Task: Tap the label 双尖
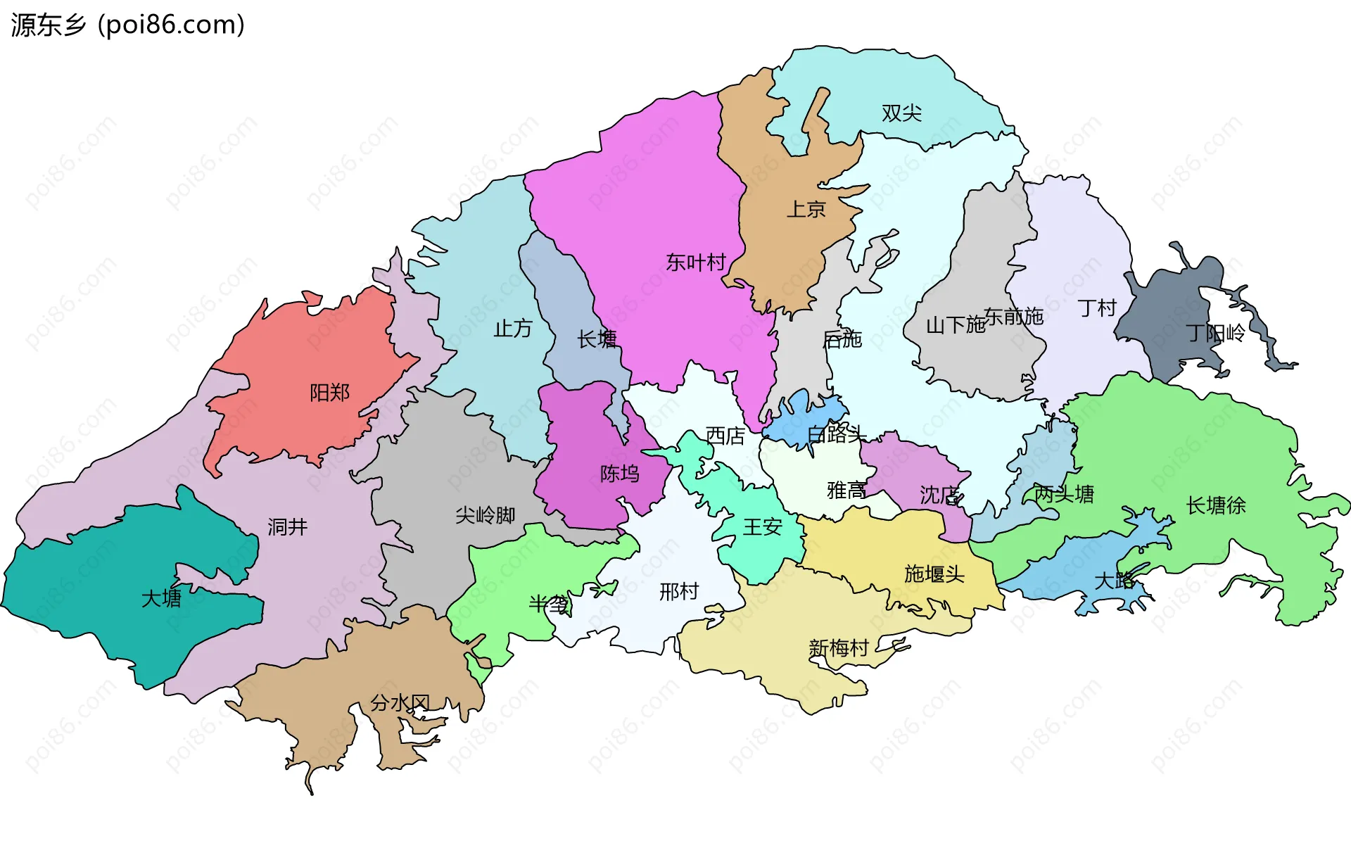pyautogui.click(x=901, y=113)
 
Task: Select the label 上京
pyautogui.click(x=806, y=209)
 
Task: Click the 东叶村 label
pyautogui.click(x=696, y=263)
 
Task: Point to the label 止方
pyautogui.click(x=512, y=329)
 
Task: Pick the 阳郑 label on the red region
pyautogui.click(x=329, y=393)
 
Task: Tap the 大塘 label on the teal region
pyautogui.click(x=161, y=599)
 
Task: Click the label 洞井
pyautogui.click(x=287, y=526)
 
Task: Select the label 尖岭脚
pyautogui.click(x=485, y=515)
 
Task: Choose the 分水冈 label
pyautogui.click(x=400, y=702)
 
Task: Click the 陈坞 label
pyautogui.click(x=619, y=474)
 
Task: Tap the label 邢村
pyautogui.click(x=679, y=592)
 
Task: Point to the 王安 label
pyautogui.click(x=762, y=526)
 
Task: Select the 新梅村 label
pyautogui.click(x=839, y=647)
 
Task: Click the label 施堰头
pyautogui.click(x=934, y=574)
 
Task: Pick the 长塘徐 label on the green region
pyautogui.click(x=1215, y=505)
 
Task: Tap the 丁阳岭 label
pyautogui.click(x=1215, y=333)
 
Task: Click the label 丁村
pyautogui.click(x=1097, y=308)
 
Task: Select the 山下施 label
pyautogui.click(x=955, y=325)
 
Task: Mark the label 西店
pyautogui.click(x=725, y=436)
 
